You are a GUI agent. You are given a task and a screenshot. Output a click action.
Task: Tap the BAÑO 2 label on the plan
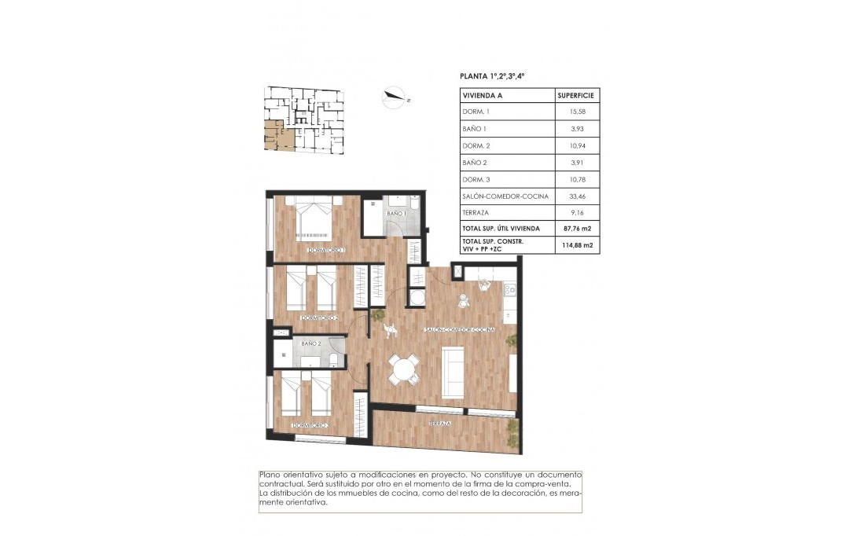(x=312, y=343)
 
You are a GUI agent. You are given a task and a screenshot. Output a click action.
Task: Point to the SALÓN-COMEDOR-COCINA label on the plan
(x=459, y=330)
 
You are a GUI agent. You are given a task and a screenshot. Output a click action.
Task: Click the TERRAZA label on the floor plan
(x=439, y=424)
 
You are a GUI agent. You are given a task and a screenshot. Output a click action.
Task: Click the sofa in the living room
(x=454, y=373)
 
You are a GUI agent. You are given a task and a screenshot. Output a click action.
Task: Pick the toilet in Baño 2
(x=334, y=360)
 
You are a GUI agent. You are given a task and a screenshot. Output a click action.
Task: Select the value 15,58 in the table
(x=578, y=112)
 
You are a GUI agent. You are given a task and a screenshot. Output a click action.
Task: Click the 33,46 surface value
(x=578, y=195)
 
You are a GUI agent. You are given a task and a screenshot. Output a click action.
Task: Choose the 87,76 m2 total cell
(x=577, y=229)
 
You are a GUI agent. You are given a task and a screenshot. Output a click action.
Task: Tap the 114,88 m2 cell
(x=577, y=245)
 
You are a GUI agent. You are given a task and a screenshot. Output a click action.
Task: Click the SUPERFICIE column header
(x=577, y=95)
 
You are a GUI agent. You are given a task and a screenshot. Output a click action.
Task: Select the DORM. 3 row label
(x=476, y=178)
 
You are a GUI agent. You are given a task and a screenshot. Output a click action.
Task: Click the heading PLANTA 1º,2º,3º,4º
(x=491, y=76)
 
